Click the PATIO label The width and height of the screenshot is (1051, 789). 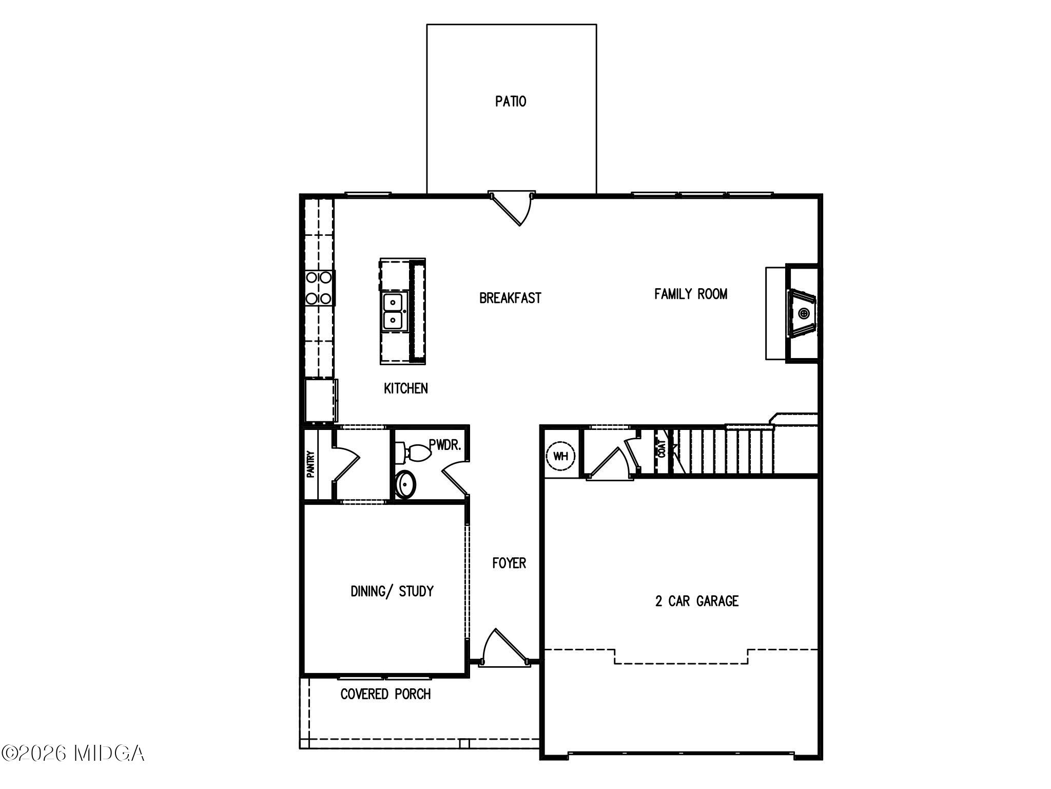(x=511, y=101)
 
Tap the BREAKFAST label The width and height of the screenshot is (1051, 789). (x=510, y=298)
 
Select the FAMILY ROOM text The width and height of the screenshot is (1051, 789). (x=691, y=294)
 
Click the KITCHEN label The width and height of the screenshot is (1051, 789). (x=406, y=388)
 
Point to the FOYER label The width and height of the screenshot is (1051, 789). (x=509, y=563)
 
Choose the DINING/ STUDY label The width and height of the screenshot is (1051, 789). (x=392, y=591)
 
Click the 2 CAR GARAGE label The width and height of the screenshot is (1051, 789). (x=697, y=601)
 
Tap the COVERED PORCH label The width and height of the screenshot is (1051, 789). (x=386, y=694)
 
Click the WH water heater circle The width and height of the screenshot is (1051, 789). (x=561, y=456)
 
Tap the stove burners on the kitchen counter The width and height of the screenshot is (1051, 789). (x=319, y=288)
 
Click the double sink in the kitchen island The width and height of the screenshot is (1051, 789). (x=394, y=311)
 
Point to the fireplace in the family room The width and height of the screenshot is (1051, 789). (x=802, y=313)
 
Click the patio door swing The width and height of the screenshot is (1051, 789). (x=512, y=209)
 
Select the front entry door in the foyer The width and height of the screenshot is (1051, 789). (x=505, y=648)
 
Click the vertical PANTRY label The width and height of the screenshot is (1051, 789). (x=310, y=464)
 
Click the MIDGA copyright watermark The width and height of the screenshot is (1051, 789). (x=72, y=753)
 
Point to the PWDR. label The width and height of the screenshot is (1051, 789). (x=445, y=445)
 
